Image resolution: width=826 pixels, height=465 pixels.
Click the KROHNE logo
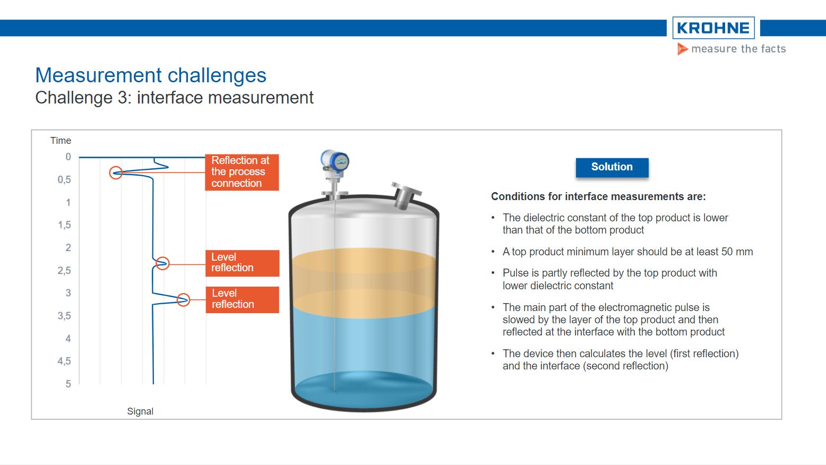(713, 28)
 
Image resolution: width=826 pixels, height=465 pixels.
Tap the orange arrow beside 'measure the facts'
(682, 49)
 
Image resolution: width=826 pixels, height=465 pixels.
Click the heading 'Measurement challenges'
(151, 75)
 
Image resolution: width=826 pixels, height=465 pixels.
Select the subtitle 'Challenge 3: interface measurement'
(174, 98)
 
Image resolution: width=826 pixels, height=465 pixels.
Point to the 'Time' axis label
(61, 141)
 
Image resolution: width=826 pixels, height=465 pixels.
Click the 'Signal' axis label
(140, 411)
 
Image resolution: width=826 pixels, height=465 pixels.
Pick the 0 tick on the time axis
(68, 157)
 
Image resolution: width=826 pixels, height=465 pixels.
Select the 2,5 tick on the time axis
(64, 271)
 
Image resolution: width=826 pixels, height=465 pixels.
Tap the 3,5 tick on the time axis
(64, 316)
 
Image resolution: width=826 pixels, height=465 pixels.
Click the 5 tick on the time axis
(68, 384)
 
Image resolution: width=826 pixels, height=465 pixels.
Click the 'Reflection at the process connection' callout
(242, 172)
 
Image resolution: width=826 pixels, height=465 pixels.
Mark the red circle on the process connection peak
(116, 173)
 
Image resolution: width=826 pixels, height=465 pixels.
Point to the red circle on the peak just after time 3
(183, 300)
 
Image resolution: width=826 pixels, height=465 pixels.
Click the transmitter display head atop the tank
(335, 161)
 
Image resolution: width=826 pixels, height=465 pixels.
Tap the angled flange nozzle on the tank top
(406, 195)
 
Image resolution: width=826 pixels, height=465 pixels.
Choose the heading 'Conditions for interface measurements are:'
(598, 197)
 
